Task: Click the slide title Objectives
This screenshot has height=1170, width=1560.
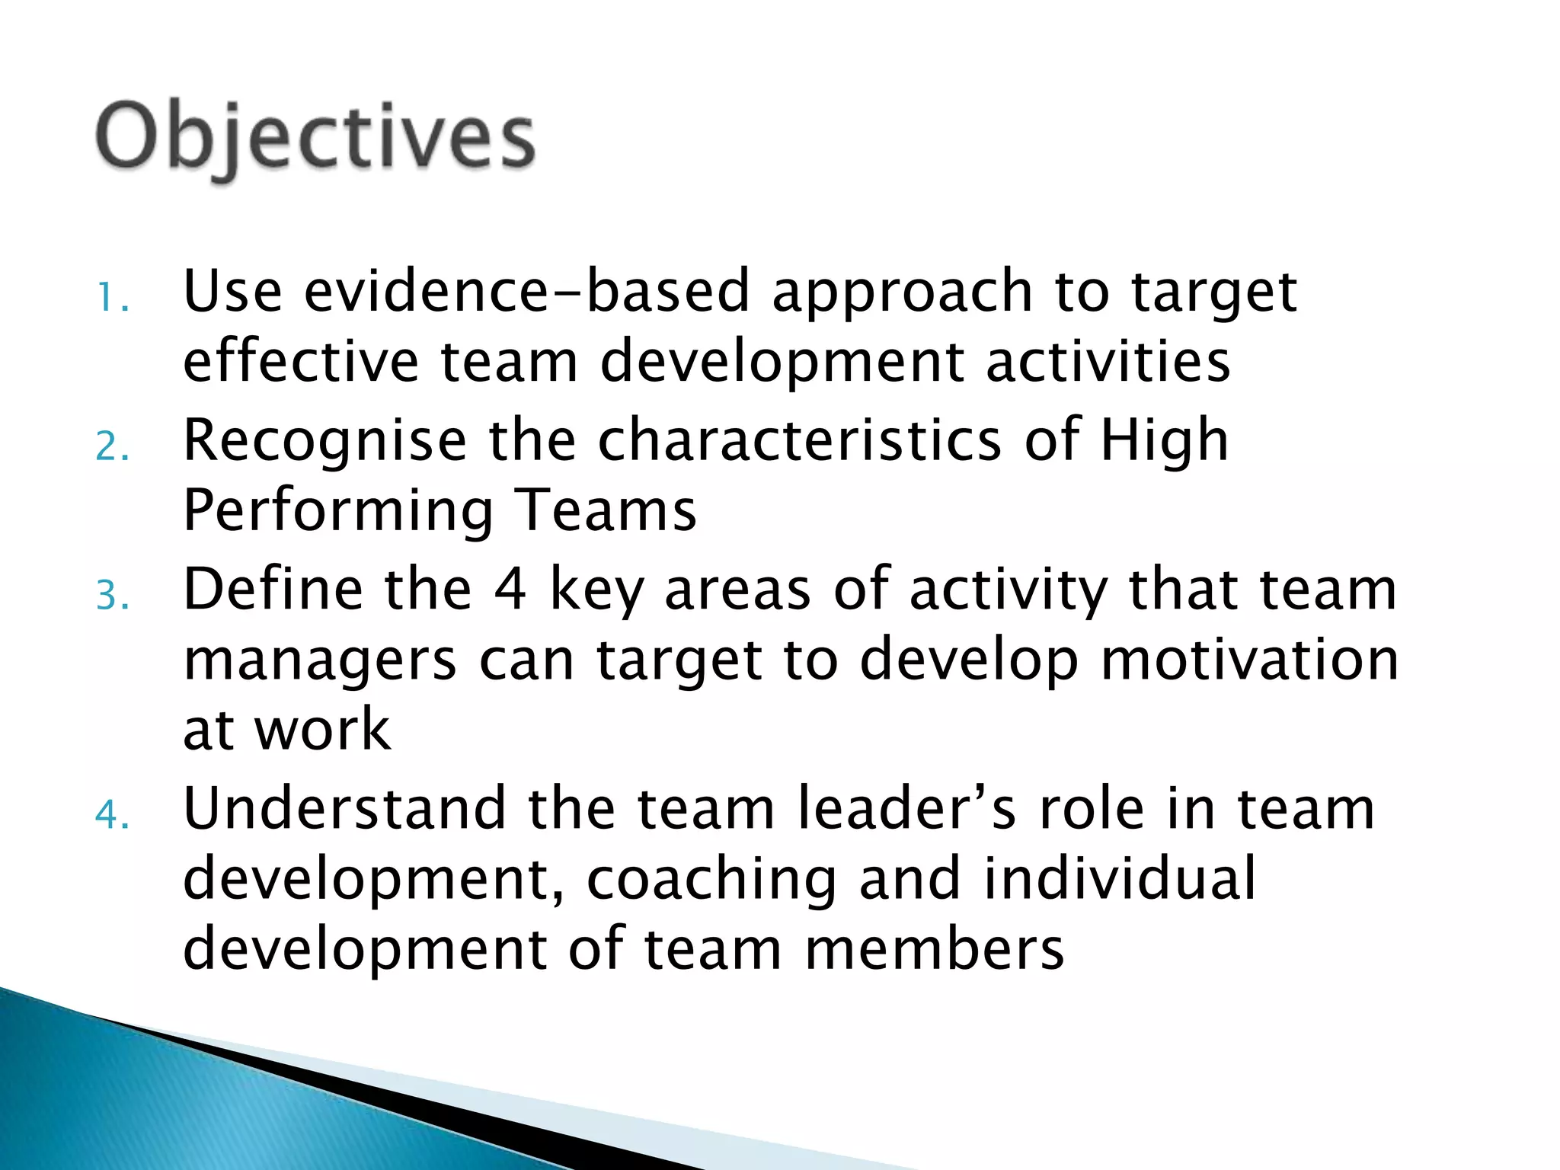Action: (x=315, y=138)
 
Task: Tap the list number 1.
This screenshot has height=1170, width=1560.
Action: (x=111, y=298)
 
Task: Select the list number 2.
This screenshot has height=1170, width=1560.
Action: (x=111, y=446)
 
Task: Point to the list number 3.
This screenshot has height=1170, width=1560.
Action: (x=111, y=596)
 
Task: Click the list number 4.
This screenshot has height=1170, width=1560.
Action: (x=111, y=815)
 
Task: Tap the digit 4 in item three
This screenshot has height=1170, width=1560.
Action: (x=510, y=590)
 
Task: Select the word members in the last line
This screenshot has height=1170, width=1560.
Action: (x=934, y=949)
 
